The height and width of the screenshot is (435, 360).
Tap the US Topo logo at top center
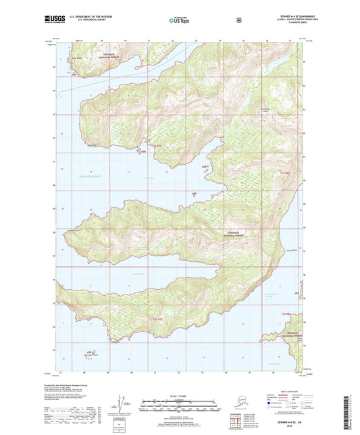pos(180,21)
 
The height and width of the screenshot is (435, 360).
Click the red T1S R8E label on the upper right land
pos(284,173)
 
